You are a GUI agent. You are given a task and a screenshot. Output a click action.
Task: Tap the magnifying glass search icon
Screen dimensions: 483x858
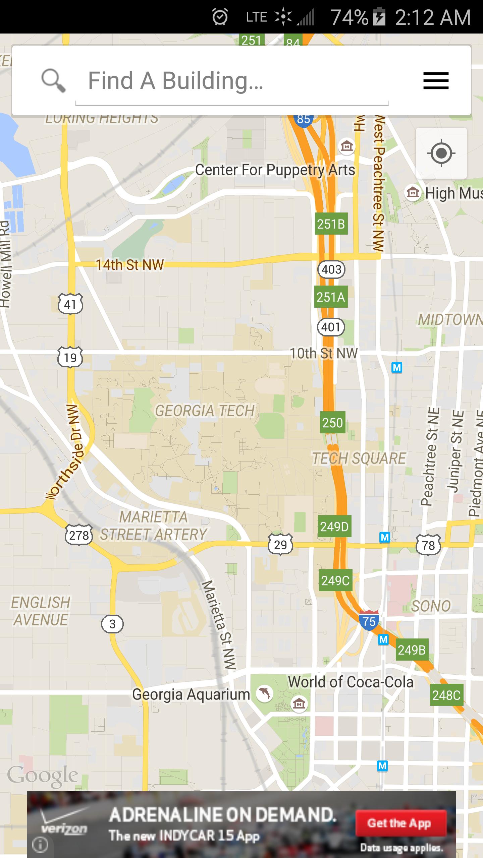[53, 80]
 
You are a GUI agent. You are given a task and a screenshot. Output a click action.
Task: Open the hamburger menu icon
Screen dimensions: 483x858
[436, 81]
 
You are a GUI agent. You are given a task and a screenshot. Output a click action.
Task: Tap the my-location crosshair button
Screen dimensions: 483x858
[441, 153]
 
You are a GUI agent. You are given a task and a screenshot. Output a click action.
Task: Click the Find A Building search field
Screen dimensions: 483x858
[231, 81]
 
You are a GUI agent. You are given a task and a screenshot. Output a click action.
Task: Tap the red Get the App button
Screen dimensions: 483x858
[401, 823]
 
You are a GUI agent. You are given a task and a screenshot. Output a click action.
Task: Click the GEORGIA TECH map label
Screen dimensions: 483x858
[205, 411]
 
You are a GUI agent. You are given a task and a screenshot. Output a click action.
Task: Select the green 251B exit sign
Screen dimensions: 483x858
[331, 224]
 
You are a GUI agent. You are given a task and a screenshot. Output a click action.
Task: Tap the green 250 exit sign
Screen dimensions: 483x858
[332, 423]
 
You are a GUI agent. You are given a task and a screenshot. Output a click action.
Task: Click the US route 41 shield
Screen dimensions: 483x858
[70, 304]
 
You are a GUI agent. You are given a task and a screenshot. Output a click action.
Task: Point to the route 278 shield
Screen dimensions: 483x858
[79, 535]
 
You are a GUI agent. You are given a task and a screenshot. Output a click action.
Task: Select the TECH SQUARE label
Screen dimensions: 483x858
[359, 458]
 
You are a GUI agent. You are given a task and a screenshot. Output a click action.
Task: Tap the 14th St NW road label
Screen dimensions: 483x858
[130, 265]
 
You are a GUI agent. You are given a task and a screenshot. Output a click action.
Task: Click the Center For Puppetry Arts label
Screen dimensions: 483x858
[275, 170]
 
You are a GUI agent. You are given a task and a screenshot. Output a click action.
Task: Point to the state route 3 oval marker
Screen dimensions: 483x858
[112, 624]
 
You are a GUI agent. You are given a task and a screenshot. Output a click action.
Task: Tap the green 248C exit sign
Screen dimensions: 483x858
[446, 695]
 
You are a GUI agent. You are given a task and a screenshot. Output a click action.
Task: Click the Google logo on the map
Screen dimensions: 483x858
[43, 776]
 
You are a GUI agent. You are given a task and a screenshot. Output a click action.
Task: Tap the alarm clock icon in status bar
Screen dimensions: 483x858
[220, 17]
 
